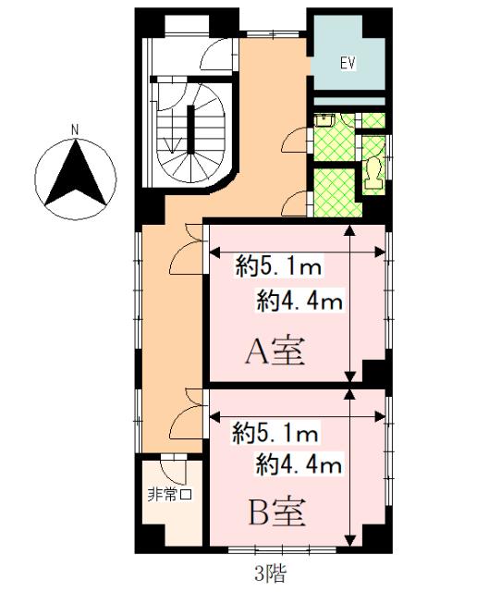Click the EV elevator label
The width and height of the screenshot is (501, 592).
click(x=348, y=64)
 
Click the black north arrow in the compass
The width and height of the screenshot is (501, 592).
click(x=77, y=175)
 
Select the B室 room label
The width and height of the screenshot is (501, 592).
click(x=275, y=510)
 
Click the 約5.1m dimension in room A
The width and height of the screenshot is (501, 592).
click(x=277, y=269)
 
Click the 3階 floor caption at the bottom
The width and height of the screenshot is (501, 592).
click(x=272, y=573)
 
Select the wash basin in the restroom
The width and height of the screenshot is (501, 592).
click(x=325, y=119)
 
